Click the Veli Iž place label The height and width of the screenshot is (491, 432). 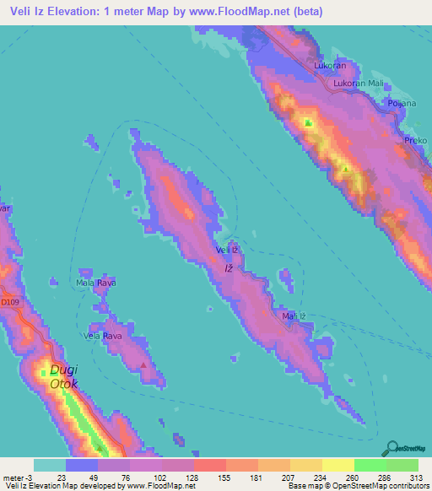[229, 251]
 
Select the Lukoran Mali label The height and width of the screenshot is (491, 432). [357, 84]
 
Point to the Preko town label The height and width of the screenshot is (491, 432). [416, 140]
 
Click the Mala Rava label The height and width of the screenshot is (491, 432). [96, 283]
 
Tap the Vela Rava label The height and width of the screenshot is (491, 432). [102, 336]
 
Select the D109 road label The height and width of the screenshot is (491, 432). [9, 301]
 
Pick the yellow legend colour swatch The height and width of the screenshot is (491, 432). [337, 465]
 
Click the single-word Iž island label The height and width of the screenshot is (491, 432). [228, 268]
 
